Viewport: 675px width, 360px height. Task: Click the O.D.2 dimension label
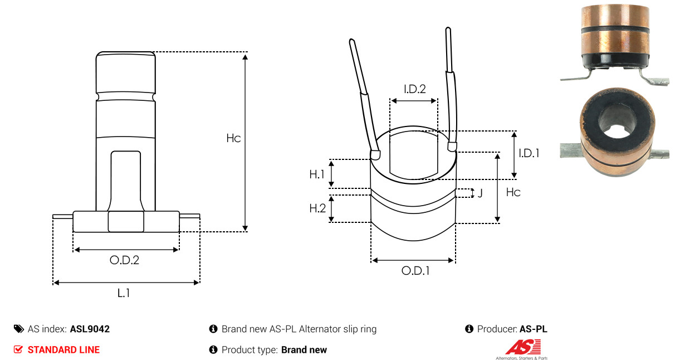[124, 260]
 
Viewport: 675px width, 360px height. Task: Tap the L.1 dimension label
[124, 293]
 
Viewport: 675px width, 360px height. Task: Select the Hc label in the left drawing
[233, 138]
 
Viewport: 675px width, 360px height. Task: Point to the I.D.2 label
[415, 89]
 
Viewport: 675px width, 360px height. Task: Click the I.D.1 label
[529, 153]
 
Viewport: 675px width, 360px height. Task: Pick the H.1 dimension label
[317, 174]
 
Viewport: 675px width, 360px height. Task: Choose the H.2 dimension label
[317, 208]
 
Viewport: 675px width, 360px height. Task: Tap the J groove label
[480, 193]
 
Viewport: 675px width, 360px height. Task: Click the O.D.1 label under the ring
[415, 271]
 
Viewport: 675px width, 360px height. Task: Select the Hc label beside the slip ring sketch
[513, 192]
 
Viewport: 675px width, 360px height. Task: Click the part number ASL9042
[90, 329]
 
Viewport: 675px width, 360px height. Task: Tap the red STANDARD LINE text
[63, 350]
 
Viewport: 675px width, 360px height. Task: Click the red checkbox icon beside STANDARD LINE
[18, 349]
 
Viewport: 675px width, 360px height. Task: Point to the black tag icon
[19, 329]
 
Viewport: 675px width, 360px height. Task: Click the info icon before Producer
[469, 329]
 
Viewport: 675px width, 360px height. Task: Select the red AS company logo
[524, 347]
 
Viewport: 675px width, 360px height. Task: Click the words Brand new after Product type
[304, 350]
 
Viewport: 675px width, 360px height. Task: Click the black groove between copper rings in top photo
[615, 29]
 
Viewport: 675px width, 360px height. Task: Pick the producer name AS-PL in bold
[534, 329]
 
